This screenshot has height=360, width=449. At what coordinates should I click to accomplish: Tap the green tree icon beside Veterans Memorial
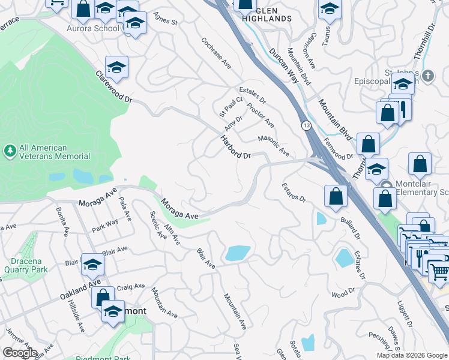10,150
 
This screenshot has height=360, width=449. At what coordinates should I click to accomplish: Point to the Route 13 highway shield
306,125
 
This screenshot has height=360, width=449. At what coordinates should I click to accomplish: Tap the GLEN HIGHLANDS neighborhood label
267,14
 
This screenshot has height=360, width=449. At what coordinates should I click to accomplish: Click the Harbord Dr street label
235,147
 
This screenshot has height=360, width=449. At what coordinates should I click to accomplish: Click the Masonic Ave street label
274,146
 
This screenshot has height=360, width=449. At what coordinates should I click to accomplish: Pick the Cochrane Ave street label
217,53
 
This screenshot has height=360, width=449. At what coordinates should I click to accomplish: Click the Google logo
19,353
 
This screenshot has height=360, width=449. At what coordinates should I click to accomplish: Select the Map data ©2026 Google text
411,355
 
